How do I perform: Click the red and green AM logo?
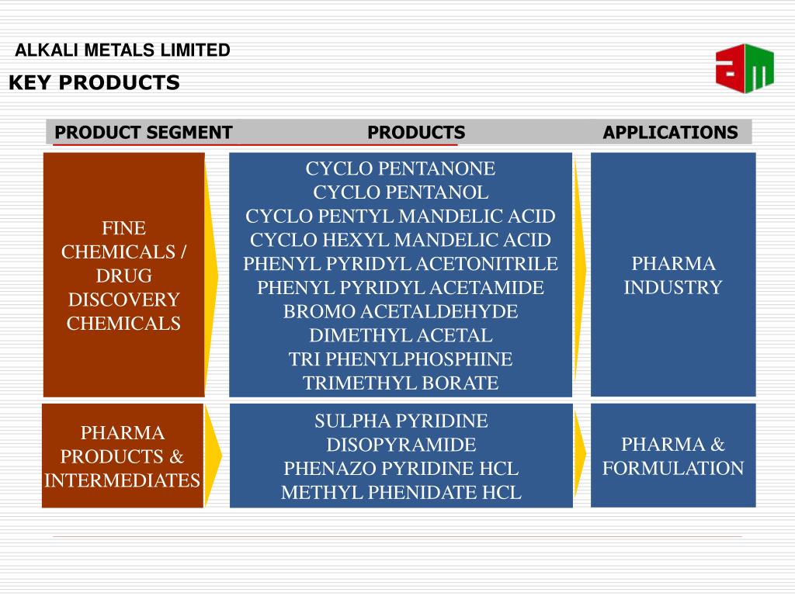(745, 68)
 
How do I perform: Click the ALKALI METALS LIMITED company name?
(123, 50)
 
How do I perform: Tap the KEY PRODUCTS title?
(94, 82)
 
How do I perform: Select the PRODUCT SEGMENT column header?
(144, 132)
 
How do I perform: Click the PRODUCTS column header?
(416, 132)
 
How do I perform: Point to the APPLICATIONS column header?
(670, 132)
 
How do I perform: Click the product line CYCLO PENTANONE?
(401, 168)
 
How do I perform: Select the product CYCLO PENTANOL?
(401, 192)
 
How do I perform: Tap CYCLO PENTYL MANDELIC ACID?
(401, 217)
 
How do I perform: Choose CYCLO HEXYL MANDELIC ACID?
(401, 240)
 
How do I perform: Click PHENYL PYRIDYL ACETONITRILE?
(401, 264)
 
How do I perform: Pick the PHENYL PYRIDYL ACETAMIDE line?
(401, 288)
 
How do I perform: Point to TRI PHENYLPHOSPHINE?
(401, 359)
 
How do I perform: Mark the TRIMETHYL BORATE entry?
(401, 383)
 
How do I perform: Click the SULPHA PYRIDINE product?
(401, 421)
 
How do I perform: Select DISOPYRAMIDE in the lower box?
(401, 445)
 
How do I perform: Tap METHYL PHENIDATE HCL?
(401, 493)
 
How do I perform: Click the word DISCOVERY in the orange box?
(123, 300)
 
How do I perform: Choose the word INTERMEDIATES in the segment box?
(123, 480)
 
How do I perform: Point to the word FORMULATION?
(673, 469)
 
